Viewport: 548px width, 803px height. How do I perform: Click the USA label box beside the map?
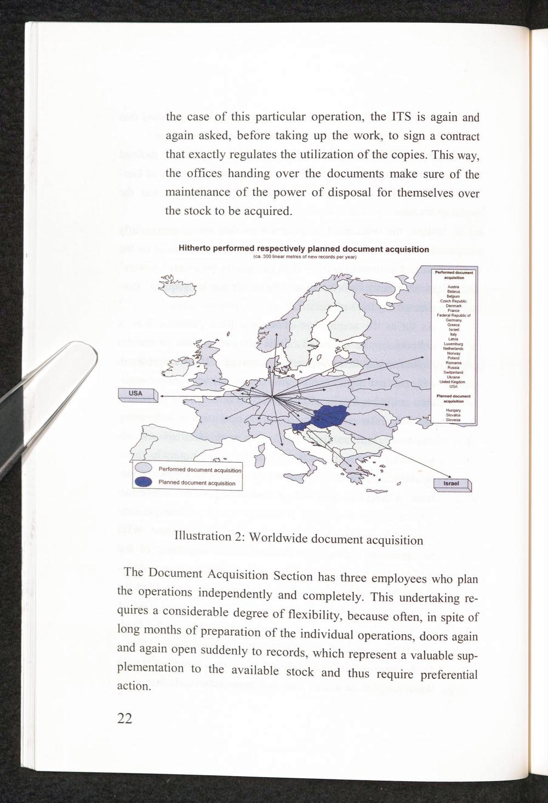click(136, 394)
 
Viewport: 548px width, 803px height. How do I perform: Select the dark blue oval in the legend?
click(144, 482)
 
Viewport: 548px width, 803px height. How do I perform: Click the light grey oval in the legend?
click(144, 469)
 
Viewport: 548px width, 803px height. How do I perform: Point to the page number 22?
click(124, 719)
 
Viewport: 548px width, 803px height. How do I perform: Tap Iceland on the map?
click(176, 287)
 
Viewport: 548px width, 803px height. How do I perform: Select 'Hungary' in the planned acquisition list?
click(453, 410)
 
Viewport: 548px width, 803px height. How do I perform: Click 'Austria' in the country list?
click(453, 287)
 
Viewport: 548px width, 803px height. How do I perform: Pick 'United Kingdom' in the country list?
click(453, 381)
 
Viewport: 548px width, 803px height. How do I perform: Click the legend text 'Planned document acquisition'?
click(197, 483)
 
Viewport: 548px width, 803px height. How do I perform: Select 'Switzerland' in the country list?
click(453, 372)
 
